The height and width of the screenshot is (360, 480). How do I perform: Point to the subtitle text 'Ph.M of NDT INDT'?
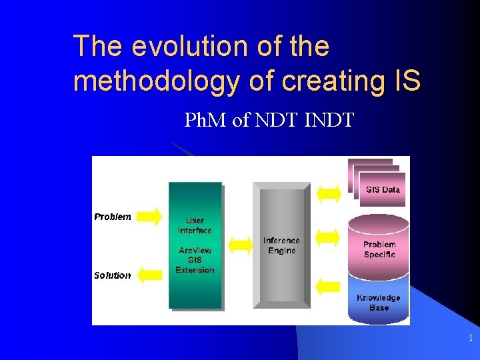269,121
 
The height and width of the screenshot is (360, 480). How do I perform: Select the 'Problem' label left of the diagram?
113,217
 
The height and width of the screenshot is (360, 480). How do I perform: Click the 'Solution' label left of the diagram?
112,275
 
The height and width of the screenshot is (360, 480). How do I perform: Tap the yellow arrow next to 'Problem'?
150,216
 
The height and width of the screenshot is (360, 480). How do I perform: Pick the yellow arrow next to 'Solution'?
150,274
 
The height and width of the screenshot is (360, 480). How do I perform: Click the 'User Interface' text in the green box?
195,225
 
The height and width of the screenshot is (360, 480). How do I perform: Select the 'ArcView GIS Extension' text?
195,260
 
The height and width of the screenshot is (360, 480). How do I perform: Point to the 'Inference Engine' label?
281,245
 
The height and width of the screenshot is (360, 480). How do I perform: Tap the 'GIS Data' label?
383,189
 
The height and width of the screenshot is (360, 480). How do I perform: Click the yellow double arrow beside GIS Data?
327,193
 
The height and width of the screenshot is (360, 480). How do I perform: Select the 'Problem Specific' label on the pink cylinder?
379,249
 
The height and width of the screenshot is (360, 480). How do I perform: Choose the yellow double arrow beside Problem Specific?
327,236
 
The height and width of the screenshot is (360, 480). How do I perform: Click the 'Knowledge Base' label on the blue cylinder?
378,303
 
